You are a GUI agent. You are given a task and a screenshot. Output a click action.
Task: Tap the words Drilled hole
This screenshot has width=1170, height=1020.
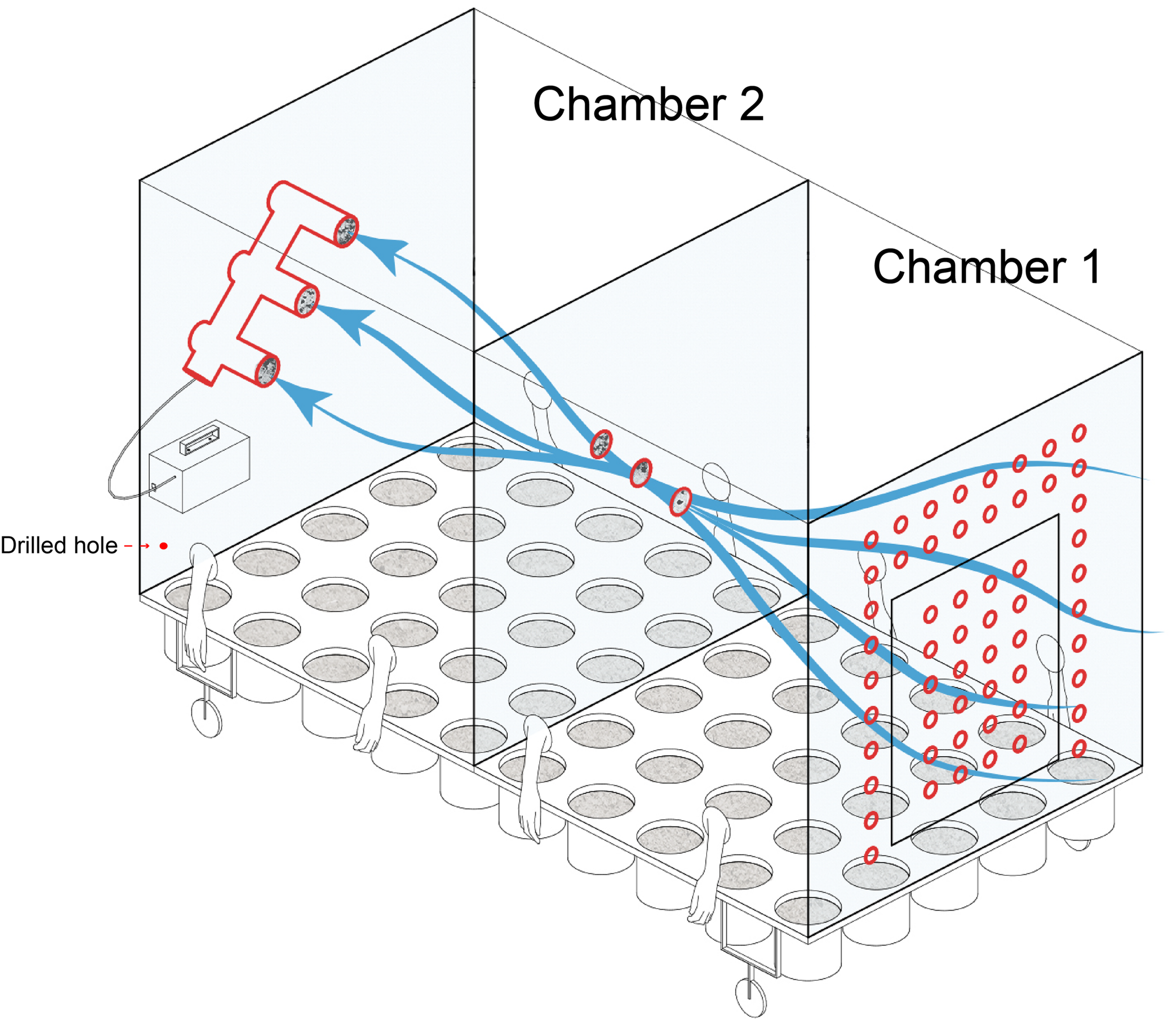pyautogui.click(x=58, y=545)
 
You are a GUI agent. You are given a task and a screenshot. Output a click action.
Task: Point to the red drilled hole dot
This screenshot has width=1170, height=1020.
pyautogui.click(x=163, y=546)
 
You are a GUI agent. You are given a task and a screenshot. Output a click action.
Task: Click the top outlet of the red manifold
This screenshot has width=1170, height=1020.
pyautogui.click(x=345, y=231)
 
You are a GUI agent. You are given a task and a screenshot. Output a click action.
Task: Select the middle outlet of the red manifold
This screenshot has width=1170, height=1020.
pyautogui.click(x=307, y=300)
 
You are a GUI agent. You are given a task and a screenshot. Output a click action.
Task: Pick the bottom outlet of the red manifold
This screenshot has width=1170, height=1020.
pyautogui.click(x=266, y=371)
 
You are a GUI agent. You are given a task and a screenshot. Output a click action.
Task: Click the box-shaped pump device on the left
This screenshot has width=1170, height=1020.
pyautogui.click(x=199, y=467)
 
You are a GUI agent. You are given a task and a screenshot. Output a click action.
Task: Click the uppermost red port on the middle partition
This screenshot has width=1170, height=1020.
pyautogui.click(x=600, y=444)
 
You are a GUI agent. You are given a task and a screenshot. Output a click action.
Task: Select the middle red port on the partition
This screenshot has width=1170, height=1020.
pyautogui.click(x=641, y=473)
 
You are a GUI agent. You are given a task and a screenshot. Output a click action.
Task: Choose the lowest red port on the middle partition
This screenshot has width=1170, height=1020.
pyautogui.click(x=680, y=502)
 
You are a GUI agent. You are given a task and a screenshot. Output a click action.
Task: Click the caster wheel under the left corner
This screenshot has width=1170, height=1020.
pyautogui.click(x=206, y=718)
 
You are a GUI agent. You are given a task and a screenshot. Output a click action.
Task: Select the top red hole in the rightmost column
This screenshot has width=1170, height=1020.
pyautogui.click(x=1078, y=433)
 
